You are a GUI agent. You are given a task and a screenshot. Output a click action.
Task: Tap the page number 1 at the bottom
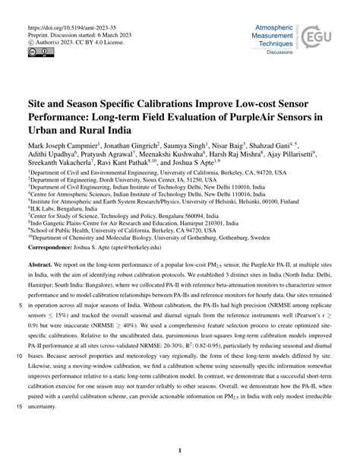tap(179, 449)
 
